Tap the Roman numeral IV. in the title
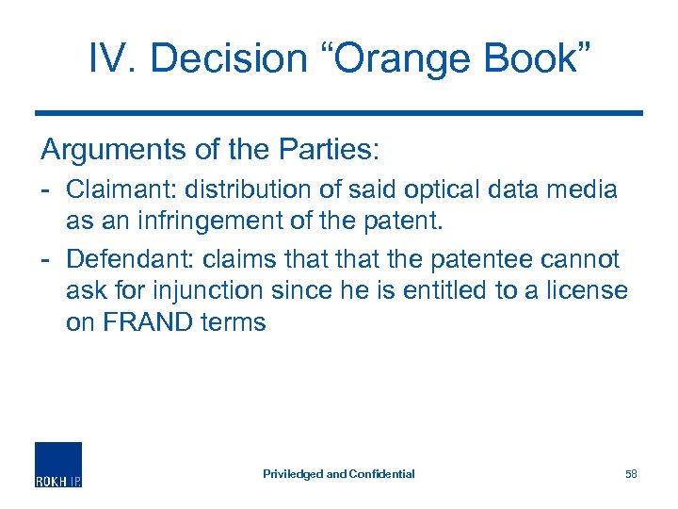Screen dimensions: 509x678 (112, 58)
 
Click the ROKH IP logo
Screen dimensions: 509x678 (58, 465)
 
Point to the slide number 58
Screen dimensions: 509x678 (631, 473)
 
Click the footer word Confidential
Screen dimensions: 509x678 (382, 473)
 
